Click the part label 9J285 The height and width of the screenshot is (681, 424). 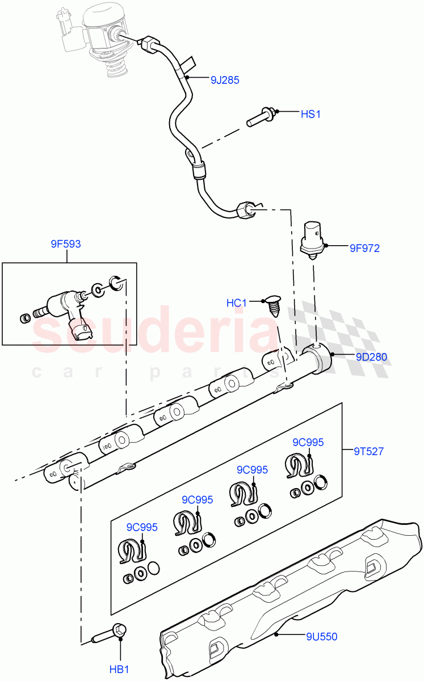point(224,80)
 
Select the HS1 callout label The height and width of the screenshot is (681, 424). point(310,114)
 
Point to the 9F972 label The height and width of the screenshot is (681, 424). point(364,247)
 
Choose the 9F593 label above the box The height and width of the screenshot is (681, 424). point(65,244)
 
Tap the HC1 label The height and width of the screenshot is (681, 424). point(237,303)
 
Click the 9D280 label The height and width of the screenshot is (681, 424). point(371,357)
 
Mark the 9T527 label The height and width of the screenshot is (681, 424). point(368,452)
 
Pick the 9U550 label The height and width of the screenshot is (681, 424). point(321,637)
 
